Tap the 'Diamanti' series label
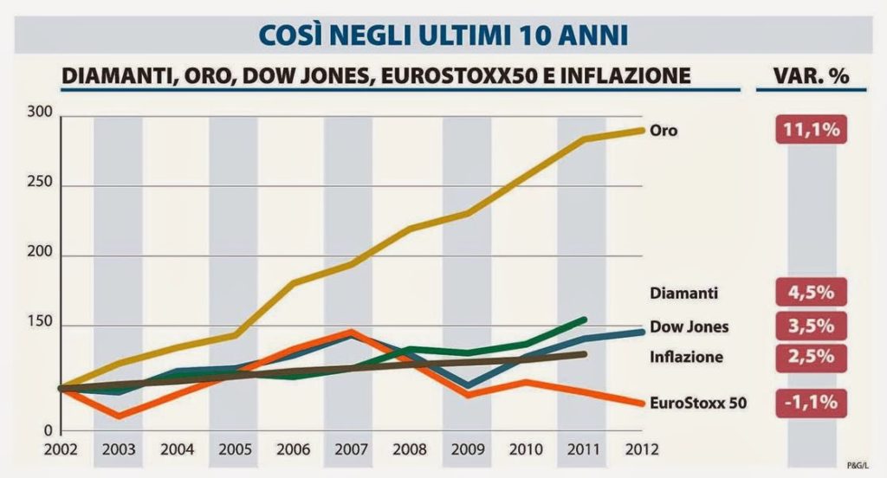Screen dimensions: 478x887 (684, 293)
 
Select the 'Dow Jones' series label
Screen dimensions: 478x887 (689, 326)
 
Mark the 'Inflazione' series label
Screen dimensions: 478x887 (685, 357)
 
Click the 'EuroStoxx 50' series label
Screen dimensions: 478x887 (697, 403)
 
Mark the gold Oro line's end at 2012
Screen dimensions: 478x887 (643, 130)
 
